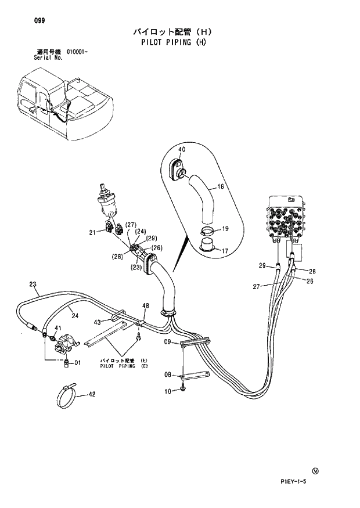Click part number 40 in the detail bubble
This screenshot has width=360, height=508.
tap(181, 150)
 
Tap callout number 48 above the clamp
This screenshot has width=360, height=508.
tap(146, 306)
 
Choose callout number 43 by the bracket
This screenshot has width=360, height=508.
tap(98, 322)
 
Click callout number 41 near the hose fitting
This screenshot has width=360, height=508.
tap(57, 329)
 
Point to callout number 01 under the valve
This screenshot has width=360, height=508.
tap(77, 364)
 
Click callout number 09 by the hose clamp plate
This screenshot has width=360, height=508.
tap(167, 343)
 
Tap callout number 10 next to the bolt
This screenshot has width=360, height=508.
tap(168, 392)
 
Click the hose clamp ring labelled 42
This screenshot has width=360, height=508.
tap(68, 397)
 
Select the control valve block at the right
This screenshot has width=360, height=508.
tap(286, 221)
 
